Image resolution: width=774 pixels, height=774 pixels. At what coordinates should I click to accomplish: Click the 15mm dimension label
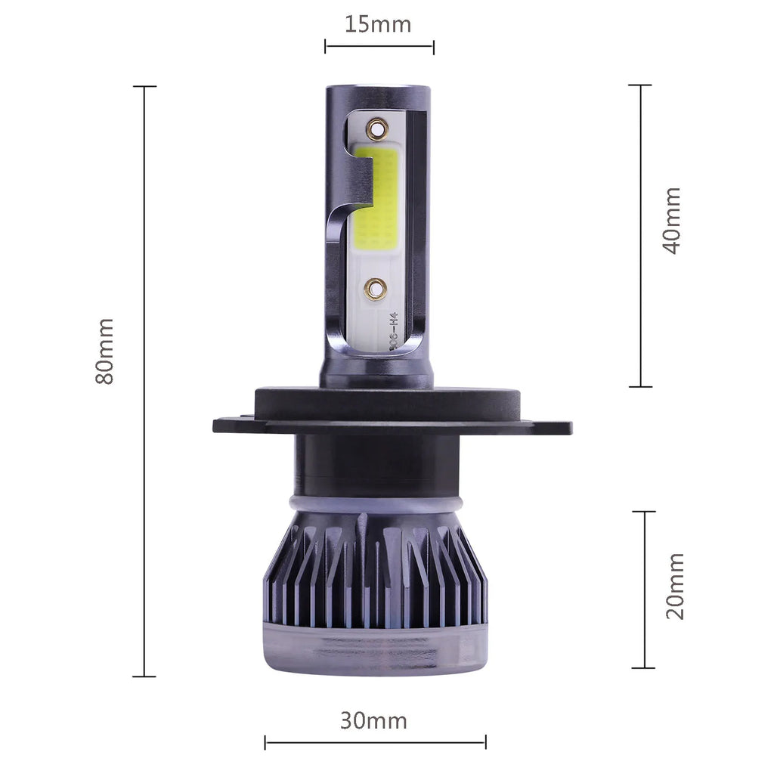[378, 24]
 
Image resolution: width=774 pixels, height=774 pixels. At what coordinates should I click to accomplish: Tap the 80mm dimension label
[105, 351]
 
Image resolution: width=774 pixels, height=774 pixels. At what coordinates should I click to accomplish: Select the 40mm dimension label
[671, 220]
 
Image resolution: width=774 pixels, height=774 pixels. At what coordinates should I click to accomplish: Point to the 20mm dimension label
[674, 586]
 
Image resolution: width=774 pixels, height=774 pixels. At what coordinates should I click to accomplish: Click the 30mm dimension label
[373, 720]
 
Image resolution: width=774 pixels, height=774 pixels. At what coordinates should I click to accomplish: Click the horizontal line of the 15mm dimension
[379, 47]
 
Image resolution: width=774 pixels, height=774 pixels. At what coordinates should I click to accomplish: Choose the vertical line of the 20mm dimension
[644, 590]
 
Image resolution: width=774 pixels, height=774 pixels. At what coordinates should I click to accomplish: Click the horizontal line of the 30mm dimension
[375, 742]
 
